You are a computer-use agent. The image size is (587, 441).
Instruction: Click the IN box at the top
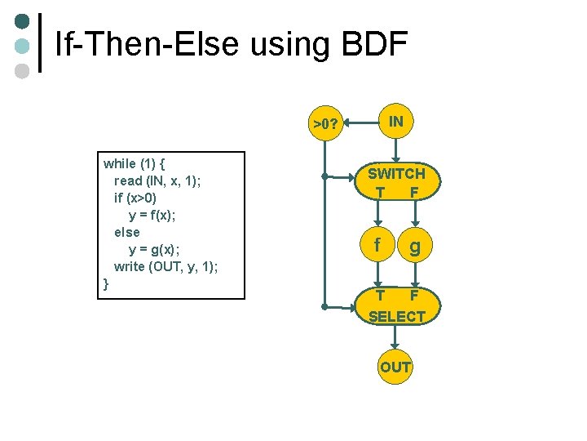coord(395,122)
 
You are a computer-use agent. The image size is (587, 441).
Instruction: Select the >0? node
coord(326,124)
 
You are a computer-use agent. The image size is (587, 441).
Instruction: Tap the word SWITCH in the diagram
coord(396,173)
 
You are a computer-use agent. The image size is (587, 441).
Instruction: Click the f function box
coord(376,245)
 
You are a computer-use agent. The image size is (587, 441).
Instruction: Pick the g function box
coord(415,245)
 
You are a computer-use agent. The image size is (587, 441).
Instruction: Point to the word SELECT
coord(397,316)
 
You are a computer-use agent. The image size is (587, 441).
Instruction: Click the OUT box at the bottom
coord(395,367)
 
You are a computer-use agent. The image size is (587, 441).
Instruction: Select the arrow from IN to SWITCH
coord(395,149)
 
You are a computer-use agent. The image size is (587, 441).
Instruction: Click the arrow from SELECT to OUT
coord(395,337)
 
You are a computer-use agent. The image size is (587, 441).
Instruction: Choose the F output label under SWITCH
coord(415,193)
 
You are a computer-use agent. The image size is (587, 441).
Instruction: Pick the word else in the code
coord(127,232)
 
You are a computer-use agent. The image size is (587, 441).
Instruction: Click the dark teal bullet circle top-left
coord(23,20)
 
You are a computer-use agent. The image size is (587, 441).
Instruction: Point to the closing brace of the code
coord(106,283)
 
